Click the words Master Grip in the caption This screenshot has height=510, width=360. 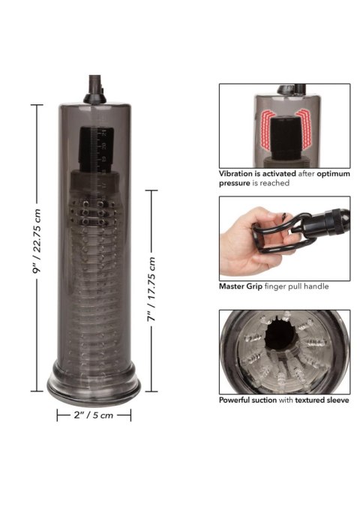click(x=241, y=286)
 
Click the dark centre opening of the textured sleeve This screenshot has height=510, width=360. click(x=286, y=349)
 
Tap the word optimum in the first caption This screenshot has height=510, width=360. click(x=328, y=172)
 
